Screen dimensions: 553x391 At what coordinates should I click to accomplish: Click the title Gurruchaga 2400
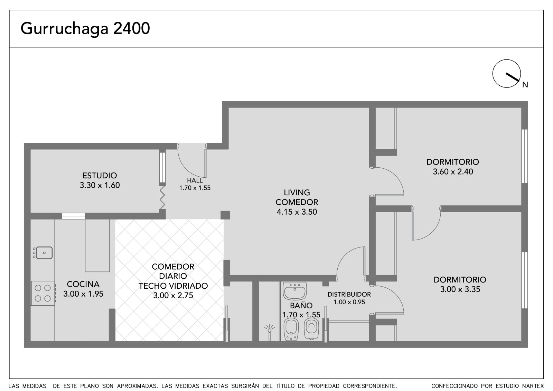(85, 29)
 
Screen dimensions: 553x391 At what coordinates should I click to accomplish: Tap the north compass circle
(507, 74)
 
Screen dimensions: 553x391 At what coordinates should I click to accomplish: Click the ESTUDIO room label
(100, 176)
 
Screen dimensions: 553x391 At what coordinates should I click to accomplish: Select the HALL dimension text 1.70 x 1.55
(195, 188)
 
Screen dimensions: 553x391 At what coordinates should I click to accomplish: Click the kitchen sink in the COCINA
(44, 253)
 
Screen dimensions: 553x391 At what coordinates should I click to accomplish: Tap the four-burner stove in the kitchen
(43, 293)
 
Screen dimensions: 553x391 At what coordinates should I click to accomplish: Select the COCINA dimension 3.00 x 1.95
(83, 294)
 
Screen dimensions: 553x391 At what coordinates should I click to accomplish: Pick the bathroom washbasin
(295, 291)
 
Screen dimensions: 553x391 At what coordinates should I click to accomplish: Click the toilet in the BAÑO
(311, 329)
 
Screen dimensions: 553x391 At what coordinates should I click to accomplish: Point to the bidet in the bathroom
(291, 329)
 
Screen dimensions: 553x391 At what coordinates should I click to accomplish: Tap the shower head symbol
(270, 330)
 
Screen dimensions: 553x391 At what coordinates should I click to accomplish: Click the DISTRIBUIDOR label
(349, 295)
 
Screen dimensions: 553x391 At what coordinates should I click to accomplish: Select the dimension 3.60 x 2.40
(453, 172)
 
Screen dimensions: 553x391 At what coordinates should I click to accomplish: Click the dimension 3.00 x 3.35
(460, 289)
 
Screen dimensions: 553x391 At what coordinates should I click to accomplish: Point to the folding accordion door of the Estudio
(162, 198)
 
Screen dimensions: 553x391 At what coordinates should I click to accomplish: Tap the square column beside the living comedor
(225, 215)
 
